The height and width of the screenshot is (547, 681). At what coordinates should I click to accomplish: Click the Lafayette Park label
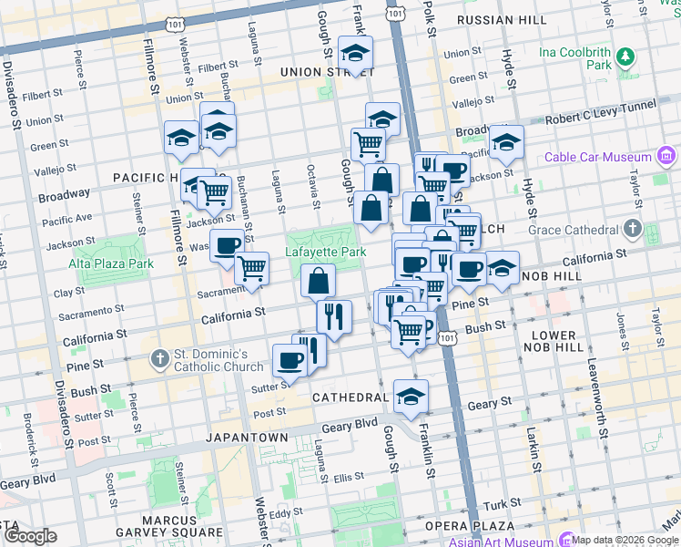(326, 252)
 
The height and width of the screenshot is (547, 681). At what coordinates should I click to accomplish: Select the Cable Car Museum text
(599, 157)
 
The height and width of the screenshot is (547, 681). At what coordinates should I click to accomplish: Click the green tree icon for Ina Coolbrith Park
(625, 58)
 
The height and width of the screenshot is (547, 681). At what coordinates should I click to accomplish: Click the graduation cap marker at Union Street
(355, 54)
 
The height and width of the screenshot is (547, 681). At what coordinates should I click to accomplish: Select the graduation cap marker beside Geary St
(411, 397)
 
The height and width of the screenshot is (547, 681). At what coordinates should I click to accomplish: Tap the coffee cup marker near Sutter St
(290, 361)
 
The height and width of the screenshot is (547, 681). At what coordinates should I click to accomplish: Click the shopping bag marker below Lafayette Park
(318, 282)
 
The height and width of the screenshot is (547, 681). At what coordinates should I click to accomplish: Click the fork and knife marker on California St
(334, 317)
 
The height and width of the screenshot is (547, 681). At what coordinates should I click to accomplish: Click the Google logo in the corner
(30, 536)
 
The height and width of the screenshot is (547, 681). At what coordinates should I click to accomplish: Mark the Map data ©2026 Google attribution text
(625, 540)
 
